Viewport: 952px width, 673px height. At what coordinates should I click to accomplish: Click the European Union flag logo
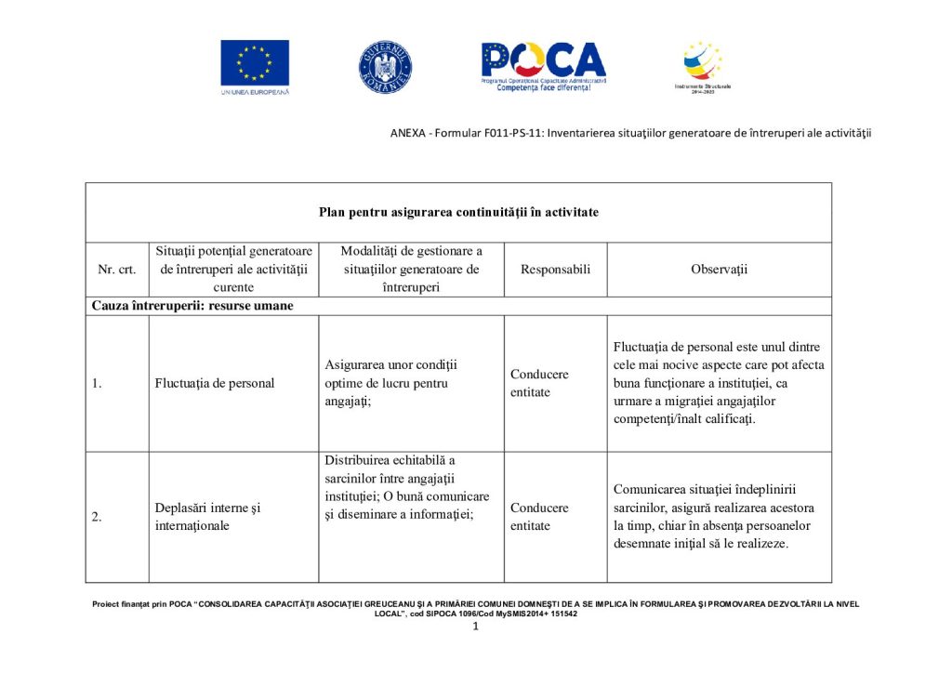pyautogui.click(x=255, y=63)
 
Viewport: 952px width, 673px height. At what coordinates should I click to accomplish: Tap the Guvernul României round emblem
pyautogui.click(x=386, y=67)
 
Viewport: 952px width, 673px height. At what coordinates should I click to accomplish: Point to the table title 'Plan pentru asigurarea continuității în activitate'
pyautogui.click(x=458, y=212)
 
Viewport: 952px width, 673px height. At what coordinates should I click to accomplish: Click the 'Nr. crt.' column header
pyautogui.click(x=117, y=270)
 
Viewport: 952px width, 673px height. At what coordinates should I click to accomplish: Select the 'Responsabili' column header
pyautogui.click(x=555, y=270)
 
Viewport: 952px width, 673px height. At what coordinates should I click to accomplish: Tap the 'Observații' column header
pyautogui.click(x=719, y=270)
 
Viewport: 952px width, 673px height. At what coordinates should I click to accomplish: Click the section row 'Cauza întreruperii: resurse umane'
pyautogui.click(x=192, y=306)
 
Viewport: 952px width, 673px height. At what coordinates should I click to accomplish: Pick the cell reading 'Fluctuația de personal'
pyautogui.click(x=215, y=383)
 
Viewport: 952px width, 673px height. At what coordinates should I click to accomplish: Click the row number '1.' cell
pyautogui.click(x=97, y=383)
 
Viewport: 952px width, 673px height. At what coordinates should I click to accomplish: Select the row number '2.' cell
pyautogui.click(x=97, y=518)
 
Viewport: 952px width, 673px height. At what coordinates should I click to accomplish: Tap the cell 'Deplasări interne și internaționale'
pyautogui.click(x=207, y=517)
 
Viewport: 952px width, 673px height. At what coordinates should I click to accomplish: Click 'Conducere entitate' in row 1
pyautogui.click(x=539, y=383)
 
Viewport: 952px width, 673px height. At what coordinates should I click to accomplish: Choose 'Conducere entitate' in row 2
pyautogui.click(x=539, y=517)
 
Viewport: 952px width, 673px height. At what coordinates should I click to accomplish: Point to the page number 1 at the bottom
pyautogui.click(x=475, y=627)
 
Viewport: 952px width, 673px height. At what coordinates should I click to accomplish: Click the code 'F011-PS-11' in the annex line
pyautogui.click(x=513, y=133)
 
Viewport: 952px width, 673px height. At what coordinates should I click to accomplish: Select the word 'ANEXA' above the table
pyautogui.click(x=406, y=133)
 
